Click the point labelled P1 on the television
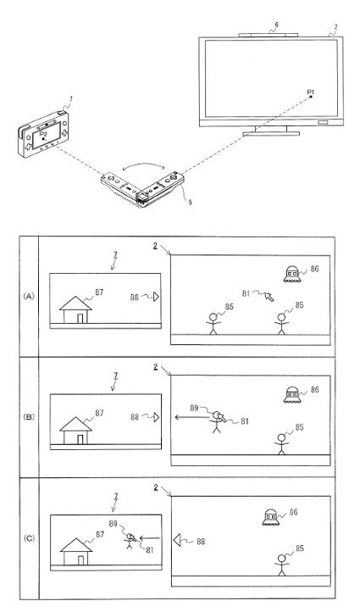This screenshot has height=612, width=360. tap(311, 96)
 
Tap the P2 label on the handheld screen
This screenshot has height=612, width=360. tap(43, 134)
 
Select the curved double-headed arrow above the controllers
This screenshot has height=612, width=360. tap(142, 166)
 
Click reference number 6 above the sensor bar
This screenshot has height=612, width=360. tap(276, 25)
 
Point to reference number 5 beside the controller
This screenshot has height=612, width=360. tap(190, 203)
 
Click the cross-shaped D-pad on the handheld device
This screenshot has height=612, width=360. tap(29, 147)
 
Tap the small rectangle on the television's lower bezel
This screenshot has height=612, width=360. tap(324, 123)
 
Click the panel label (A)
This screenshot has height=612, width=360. tap(29, 296)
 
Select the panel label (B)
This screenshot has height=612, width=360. tap(29, 417)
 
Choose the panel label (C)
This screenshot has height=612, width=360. tap(29, 538)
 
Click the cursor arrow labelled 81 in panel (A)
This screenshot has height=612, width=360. tap(269, 297)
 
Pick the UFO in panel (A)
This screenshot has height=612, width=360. tap(291, 274)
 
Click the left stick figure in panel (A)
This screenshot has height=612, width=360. tap(213, 324)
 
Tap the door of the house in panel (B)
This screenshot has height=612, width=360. tap(80, 439)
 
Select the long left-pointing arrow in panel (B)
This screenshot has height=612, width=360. tap(192, 417)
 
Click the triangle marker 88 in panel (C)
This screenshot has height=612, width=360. tap(178, 541)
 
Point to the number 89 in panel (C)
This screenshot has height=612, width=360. tap(114, 524)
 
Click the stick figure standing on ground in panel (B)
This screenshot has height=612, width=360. tap(281, 444)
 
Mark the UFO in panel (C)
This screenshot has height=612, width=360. tap(271, 517)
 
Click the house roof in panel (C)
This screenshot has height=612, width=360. tap(76, 545)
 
